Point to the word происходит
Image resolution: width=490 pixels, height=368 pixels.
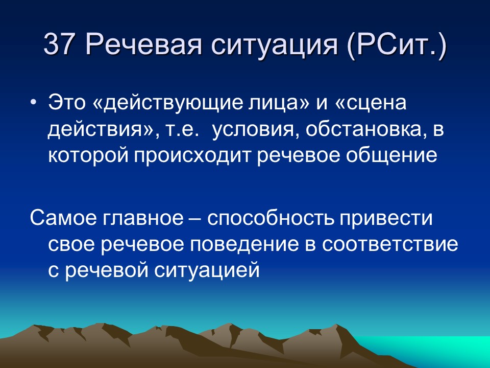[194, 155]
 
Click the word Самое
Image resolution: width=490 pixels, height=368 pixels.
[63, 219]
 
